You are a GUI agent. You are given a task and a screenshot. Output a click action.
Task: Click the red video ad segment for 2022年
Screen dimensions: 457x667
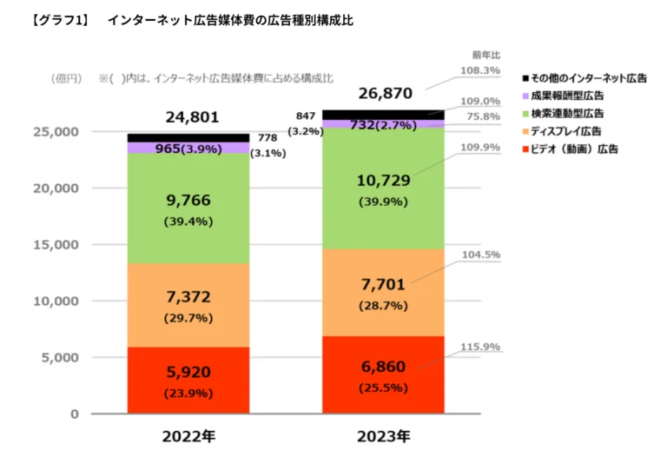coord(188,380)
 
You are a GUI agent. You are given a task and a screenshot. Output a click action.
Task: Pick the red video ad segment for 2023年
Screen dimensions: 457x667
coord(383,374)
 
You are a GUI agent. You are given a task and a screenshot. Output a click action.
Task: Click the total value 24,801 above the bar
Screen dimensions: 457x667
coord(192,116)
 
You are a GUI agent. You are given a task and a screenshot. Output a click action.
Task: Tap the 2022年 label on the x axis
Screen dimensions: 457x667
coord(188,435)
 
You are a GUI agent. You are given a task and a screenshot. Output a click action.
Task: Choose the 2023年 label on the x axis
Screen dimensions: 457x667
coord(383,435)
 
